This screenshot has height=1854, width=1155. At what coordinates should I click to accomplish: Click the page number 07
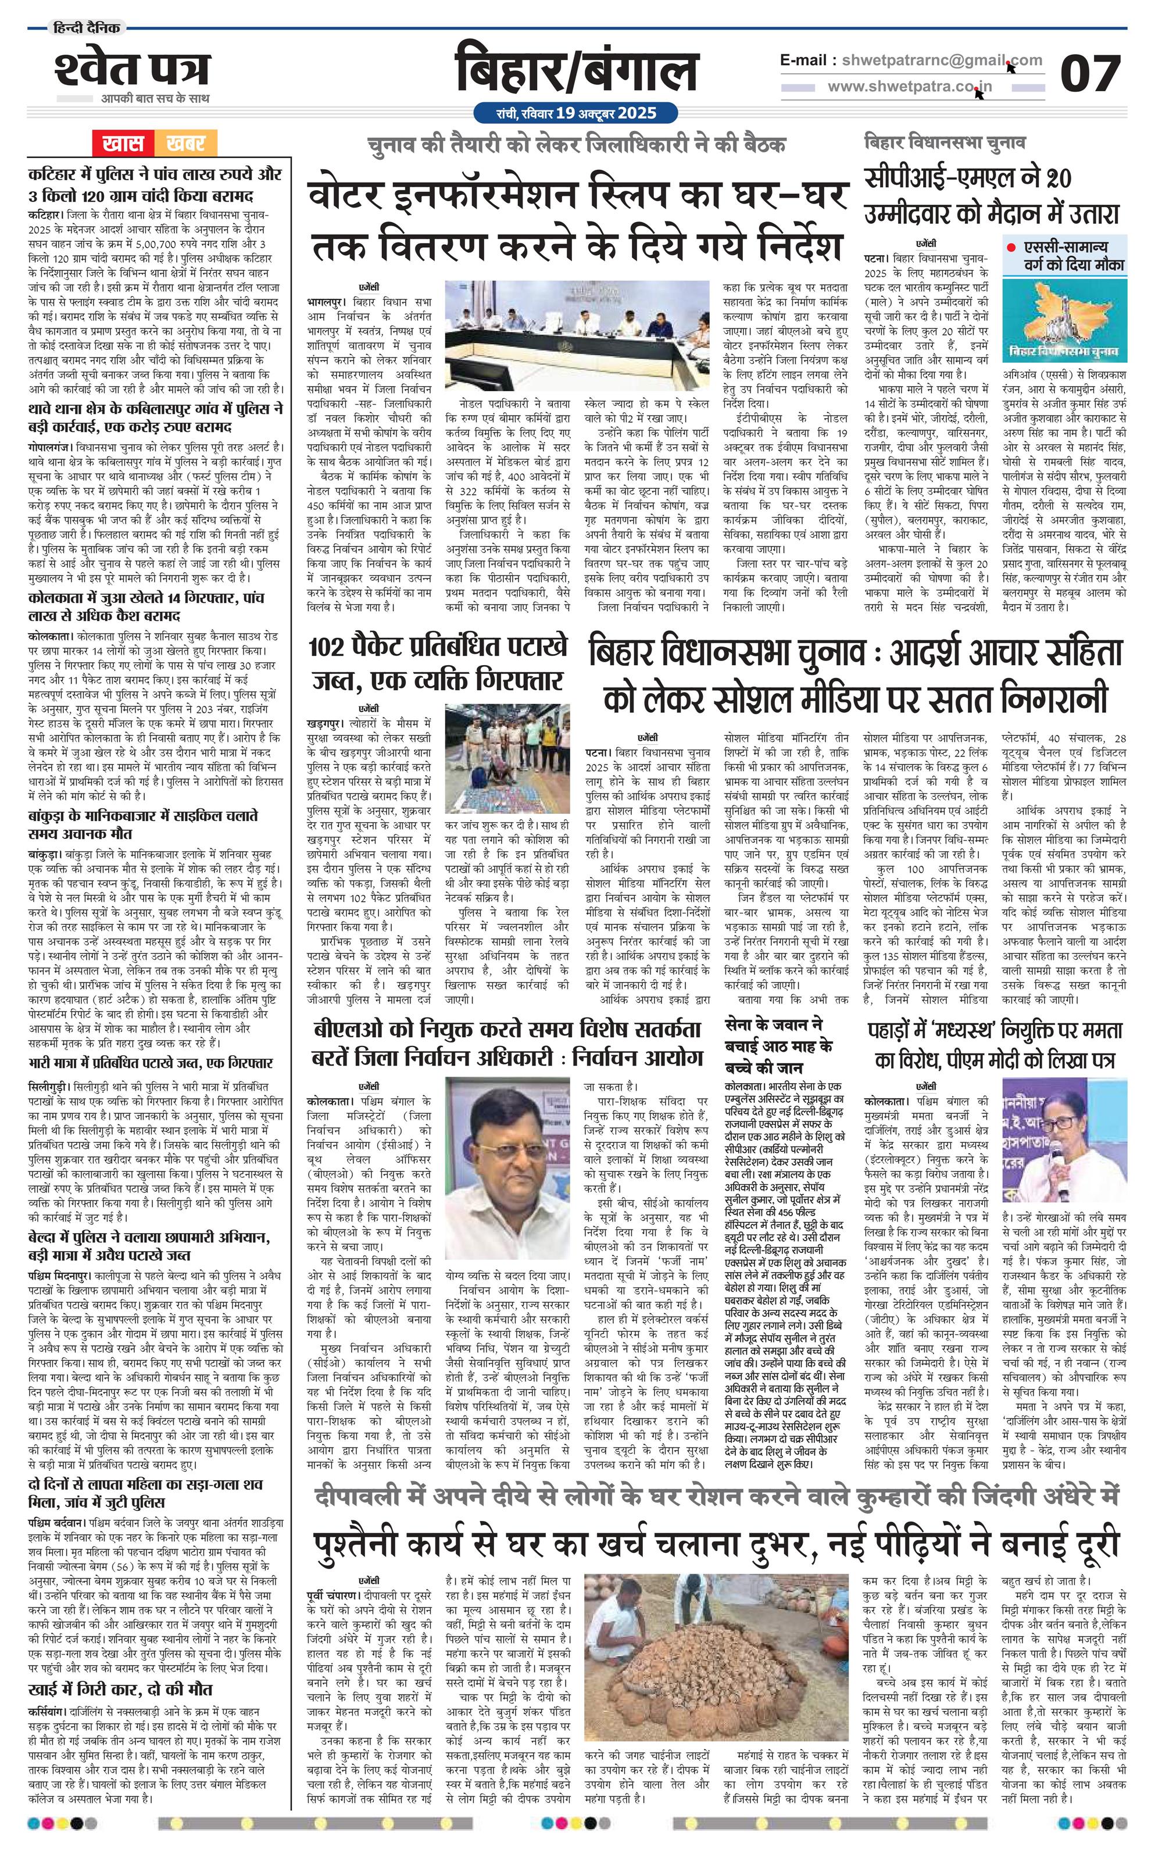tap(1089, 74)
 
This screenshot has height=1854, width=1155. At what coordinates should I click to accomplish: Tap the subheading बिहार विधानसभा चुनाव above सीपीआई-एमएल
tap(945, 143)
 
